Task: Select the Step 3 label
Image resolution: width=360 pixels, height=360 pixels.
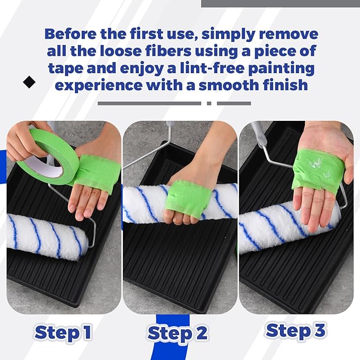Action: point(296,330)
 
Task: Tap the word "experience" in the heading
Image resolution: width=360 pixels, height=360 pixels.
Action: point(100,85)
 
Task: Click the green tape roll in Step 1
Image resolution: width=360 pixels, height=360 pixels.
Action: point(40,154)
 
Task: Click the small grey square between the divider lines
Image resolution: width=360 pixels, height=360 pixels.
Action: point(209,103)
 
